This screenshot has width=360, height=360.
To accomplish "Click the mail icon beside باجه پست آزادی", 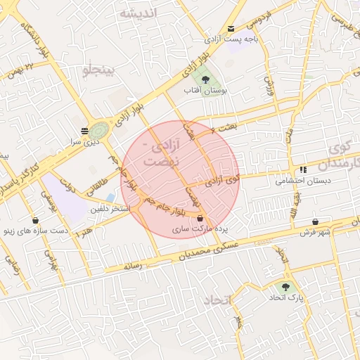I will pyautogui.click(x=231, y=29).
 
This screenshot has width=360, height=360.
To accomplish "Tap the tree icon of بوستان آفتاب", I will pyautogui.click(x=205, y=79).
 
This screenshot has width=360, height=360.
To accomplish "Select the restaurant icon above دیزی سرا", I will pyautogui.click(x=85, y=130).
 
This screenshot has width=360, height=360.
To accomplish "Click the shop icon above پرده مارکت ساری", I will pyautogui.click(x=200, y=218).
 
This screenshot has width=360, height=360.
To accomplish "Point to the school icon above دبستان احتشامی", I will pyautogui.click(x=303, y=169).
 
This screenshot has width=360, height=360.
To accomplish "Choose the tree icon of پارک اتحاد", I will pyautogui.click(x=285, y=287).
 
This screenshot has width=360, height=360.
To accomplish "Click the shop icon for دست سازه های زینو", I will pyautogui.click(x=35, y=220).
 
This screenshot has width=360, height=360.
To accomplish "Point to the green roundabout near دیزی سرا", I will pyautogui.click(x=99, y=130).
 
